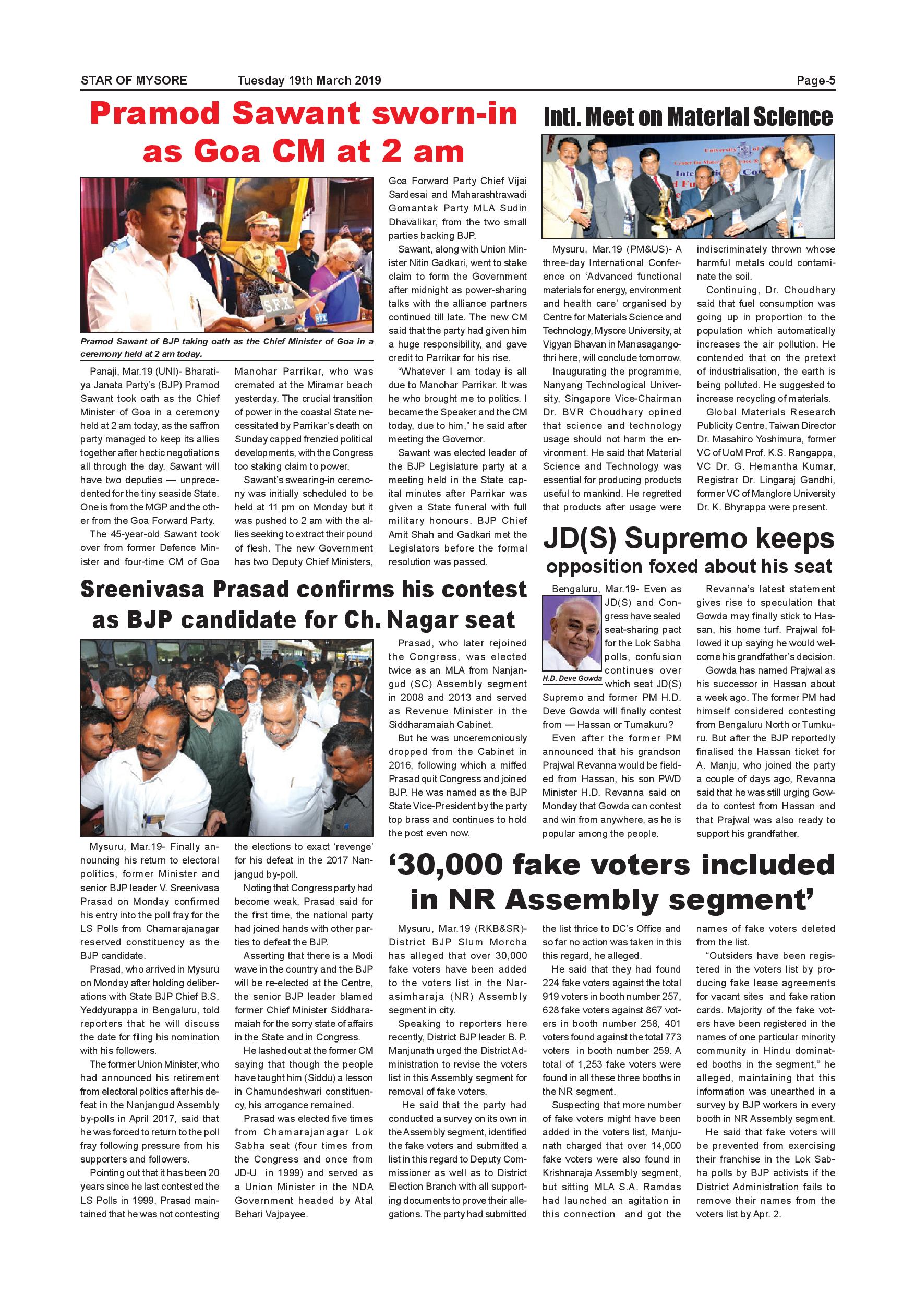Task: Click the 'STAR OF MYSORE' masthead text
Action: click(x=134, y=80)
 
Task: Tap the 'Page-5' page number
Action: click(x=815, y=80)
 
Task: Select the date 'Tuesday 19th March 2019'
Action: click(x=309, y=80)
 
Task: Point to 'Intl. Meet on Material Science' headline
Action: click(x=688, y=117)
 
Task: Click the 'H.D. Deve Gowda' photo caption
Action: click(x=572, y=678)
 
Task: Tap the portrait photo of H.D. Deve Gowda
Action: click(x=572, y=633)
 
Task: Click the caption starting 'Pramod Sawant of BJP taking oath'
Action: click(x=226, y=347)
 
